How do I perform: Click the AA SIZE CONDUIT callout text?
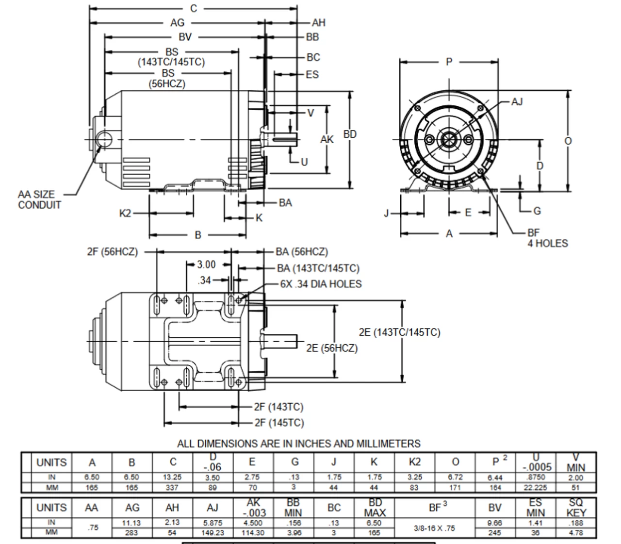pos(39,199)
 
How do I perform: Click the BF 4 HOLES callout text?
pos(547,238)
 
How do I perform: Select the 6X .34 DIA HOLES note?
pos(321,284)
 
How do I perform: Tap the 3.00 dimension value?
pos(206,264)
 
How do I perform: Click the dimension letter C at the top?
pos(194,8)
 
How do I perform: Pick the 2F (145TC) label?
pos(279,423)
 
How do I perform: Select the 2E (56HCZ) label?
pos(332,348)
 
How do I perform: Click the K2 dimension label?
pos(125,213)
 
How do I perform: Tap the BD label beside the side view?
pos(350,134)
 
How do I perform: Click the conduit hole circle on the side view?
pos(104,140)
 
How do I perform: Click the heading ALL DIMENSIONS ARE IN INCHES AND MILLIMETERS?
pos(298,444)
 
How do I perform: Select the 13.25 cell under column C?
pos(172,478)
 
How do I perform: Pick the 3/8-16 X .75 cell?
pos(435,528)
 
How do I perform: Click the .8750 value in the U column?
pos(536,478)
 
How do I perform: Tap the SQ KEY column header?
pos(576,508)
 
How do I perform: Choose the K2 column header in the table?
pos(414,462)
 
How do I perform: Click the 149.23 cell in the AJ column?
pos(212,533)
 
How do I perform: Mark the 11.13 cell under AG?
pos(132,523)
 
